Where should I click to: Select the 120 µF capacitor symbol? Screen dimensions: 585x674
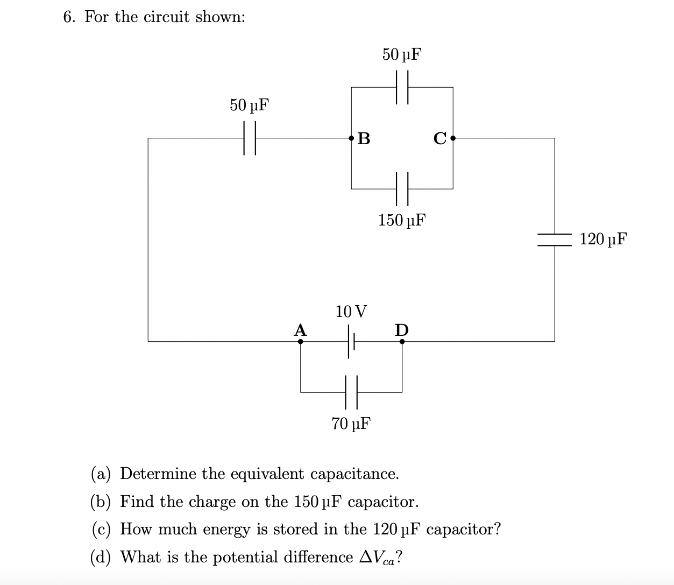click(555, 239)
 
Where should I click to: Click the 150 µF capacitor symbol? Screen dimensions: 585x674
click(402, 189)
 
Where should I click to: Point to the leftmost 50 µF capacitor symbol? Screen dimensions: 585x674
click(249, 138)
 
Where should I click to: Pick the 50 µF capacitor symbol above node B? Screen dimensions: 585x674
click(402, 87)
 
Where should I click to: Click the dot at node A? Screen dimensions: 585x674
click(300, 341)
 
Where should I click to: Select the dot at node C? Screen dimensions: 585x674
click(453, 138)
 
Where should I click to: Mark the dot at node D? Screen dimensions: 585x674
click(402, 341)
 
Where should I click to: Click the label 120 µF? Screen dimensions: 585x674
click(604, 239)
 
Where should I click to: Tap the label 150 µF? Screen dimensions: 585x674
click(402, 220)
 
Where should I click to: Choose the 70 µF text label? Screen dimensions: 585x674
click(351, 424)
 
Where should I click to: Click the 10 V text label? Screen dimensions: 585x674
click(351, 311)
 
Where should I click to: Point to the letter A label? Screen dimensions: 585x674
click(300, 329)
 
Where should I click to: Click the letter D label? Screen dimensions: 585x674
click(402, 329)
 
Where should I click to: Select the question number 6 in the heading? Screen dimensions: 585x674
click(67, 17)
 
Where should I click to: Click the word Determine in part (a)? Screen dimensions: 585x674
click(159, 474)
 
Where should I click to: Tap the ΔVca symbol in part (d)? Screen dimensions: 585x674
click(378, 557)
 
